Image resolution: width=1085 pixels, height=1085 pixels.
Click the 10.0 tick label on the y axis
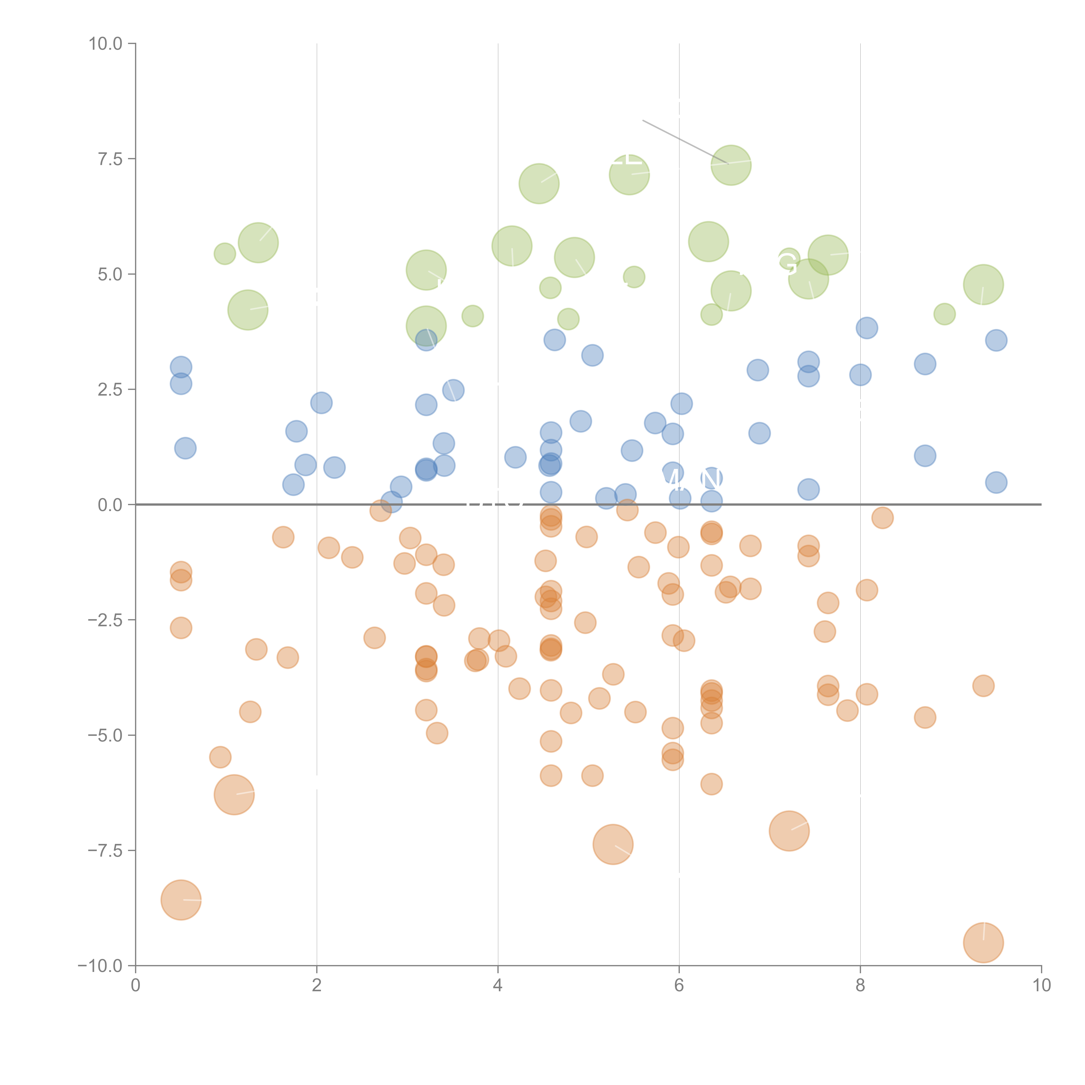[106, 44]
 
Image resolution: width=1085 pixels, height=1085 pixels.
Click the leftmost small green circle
[225, 254]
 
